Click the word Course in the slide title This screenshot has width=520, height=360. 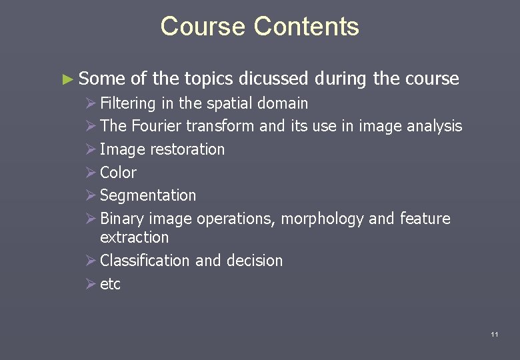click(203, 27)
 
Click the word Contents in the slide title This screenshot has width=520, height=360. click(307, 27)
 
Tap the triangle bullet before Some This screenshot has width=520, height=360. click(65, 79)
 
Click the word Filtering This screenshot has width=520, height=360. click(127, 104)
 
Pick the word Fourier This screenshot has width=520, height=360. click(157, 126)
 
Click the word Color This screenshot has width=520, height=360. click(118, 173)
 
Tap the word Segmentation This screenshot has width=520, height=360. click(148, 196)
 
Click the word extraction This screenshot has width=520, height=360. click(134, 237)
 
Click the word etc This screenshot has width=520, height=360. click(110, 284)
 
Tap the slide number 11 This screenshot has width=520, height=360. click(494, 334)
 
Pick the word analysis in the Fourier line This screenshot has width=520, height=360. click(432, 126)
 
